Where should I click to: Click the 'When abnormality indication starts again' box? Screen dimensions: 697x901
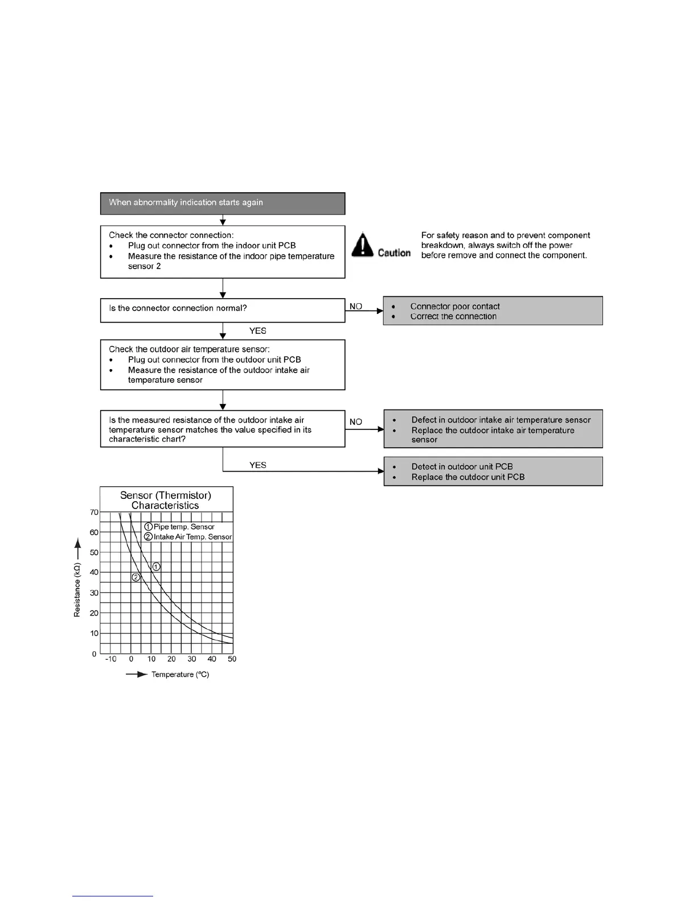click(222, 203)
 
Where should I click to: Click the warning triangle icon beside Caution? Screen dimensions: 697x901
click(362, 245)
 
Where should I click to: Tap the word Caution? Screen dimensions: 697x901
click(394, 253)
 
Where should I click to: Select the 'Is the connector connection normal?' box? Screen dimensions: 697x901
click(222, 310)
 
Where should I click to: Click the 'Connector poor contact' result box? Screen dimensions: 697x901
click(493, 311)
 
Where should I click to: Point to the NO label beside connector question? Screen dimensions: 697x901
click(356, 307)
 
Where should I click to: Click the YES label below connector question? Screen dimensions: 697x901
click(258, 331)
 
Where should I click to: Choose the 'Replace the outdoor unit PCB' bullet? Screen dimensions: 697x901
click(468, 477)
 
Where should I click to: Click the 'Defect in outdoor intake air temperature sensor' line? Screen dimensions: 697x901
click(501, 420)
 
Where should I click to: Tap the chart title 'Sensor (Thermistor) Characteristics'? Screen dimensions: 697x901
click(166, 500)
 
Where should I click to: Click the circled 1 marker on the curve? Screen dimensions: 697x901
click(156, 567)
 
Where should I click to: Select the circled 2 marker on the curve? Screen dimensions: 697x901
click(136, 577)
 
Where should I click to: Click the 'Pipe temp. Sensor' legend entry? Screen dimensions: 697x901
click(183, 527)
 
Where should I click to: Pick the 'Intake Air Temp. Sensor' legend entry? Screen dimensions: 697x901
click(192, 537)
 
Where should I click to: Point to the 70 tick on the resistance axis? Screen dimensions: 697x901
click(94, 512)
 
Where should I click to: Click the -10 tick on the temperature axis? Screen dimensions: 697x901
click(110, 659)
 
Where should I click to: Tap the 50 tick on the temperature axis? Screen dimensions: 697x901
click(232, 659)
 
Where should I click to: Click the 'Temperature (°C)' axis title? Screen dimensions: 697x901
click(180, 675)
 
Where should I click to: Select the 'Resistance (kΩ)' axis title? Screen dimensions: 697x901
click(77, 590)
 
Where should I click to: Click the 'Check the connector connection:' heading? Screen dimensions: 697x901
click(171, 235)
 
